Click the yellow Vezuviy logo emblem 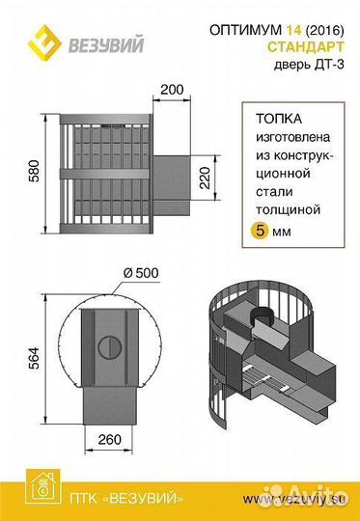pos(42,40)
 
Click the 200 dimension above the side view pos(174,90)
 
